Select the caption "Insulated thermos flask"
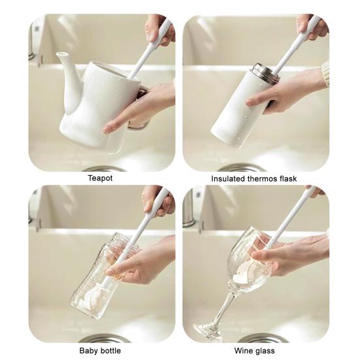254,178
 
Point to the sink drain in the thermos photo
242,168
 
